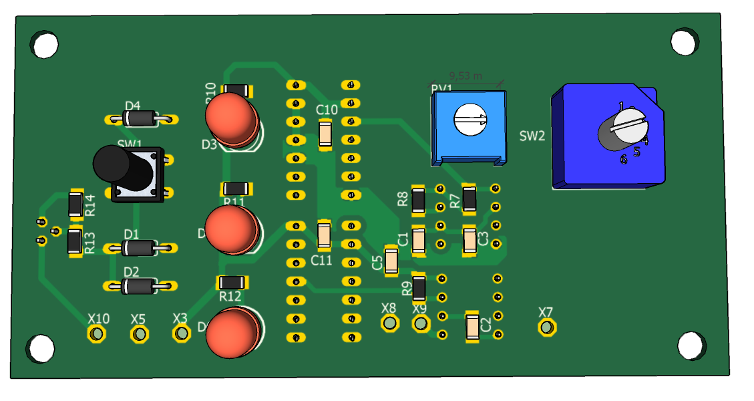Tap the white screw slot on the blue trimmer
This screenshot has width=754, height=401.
[472, 120]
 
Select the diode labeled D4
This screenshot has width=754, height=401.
[140, 119]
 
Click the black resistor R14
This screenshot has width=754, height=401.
[76, 205]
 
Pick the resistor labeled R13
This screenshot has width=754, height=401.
[75, 242]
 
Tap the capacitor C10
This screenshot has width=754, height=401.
[325, 132]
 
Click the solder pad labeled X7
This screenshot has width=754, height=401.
[547, 327]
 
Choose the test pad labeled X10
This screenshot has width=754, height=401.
[98, 333]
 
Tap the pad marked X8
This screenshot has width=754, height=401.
[389, 323]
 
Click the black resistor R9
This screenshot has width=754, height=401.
[419, 288]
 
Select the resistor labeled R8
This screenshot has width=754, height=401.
[419, 200]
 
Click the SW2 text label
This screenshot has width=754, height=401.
[532, 136]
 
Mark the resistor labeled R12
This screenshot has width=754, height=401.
[234, 282]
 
